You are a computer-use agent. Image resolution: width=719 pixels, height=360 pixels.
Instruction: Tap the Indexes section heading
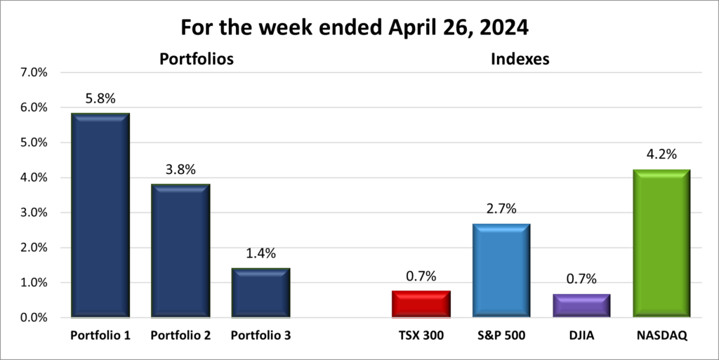click(x=520, y=60)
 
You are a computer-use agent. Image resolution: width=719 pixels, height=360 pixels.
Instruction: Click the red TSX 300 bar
click(x=421, y=305)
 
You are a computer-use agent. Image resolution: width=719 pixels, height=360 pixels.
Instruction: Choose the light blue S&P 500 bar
click(x=501, y=270)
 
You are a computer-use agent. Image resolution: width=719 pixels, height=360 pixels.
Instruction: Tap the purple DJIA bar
click(x=581, y=306)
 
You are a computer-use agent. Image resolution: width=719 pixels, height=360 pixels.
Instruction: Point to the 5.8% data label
click(x=100, y=100)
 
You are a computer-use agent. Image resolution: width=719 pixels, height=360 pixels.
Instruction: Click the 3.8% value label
click(x=180, y=170)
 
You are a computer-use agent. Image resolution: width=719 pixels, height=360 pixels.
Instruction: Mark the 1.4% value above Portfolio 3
click(x=260, y=254)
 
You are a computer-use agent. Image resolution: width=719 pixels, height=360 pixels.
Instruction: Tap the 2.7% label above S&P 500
click(x=501, y=209)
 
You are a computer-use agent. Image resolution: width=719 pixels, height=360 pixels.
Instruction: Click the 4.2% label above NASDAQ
click(x=661, y=155)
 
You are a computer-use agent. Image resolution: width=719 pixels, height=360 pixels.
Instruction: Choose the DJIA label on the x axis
click(x=581, y=336)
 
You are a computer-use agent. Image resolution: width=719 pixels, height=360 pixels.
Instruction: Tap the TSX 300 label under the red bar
click(x=421, y=336)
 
